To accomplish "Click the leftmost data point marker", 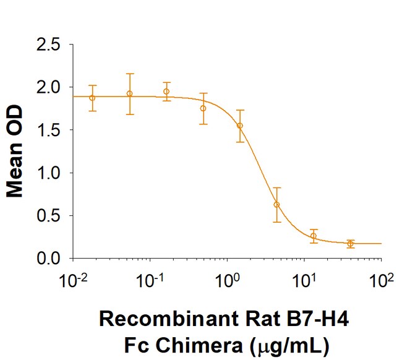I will coord(92,98).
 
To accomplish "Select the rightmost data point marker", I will coord(351,244).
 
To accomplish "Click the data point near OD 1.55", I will coord(240,126).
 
